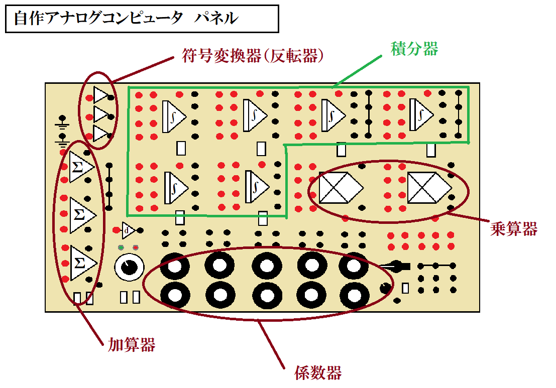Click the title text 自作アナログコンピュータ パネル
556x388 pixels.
point(126,19)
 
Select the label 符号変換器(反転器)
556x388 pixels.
point(252,56)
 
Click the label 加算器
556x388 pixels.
point(132,344)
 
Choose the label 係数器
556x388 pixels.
point(318,373)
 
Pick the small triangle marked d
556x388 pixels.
point(128,230)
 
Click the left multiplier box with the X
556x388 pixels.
point(341,188)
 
